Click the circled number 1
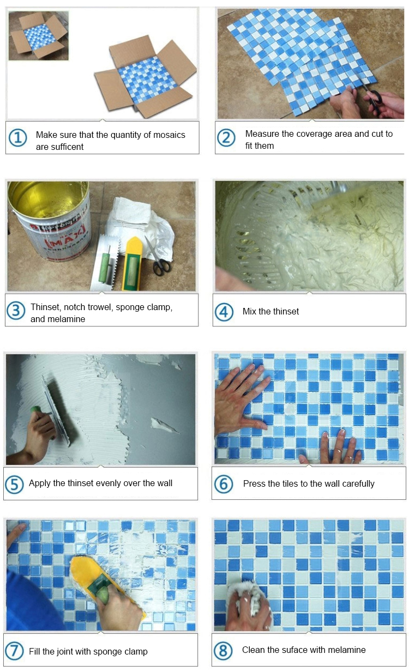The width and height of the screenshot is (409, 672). (18, 138)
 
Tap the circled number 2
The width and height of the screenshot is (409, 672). (226, 138)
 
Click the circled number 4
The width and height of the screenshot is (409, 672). (224, 312)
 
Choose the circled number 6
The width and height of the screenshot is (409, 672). (224, 483)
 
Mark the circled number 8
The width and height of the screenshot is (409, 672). (224, 650)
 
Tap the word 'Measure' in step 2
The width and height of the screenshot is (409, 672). (262, 134)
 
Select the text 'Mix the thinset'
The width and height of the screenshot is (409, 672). (270, 311)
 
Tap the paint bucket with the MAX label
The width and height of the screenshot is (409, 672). (49, 223)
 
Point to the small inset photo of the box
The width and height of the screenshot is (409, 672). (38, 35)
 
